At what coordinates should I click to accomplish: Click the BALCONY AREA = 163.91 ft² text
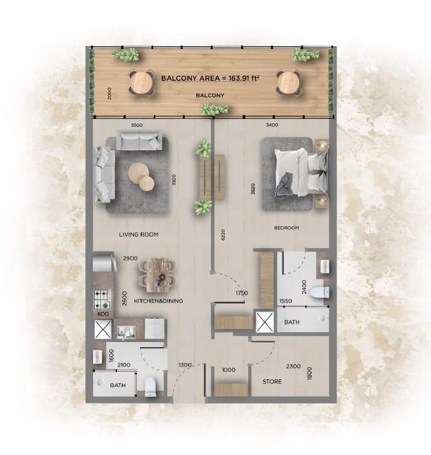point(210,78)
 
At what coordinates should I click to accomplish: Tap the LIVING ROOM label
point(139,235)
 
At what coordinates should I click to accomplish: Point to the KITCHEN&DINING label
point(158,301)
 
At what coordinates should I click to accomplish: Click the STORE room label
point(272,381)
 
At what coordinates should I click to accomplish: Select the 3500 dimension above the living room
point(136,125)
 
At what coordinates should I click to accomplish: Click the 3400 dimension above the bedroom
point(272,125)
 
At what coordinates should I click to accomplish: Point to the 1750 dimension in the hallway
point(242,293)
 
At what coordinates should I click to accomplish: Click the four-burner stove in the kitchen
point(102,299)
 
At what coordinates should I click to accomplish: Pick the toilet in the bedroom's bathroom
point(319,293)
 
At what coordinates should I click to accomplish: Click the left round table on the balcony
point(140,82)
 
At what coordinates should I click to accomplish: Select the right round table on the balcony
point(288,82)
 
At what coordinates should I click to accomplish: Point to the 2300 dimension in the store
point(294,366)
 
